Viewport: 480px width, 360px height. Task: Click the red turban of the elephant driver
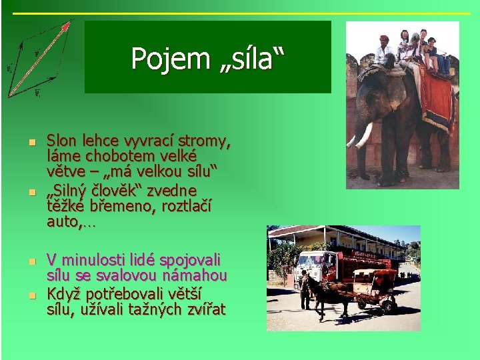pos(384,39)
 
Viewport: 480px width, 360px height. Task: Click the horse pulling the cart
pos(331,293)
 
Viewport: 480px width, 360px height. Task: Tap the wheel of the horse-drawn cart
pos(388,304)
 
